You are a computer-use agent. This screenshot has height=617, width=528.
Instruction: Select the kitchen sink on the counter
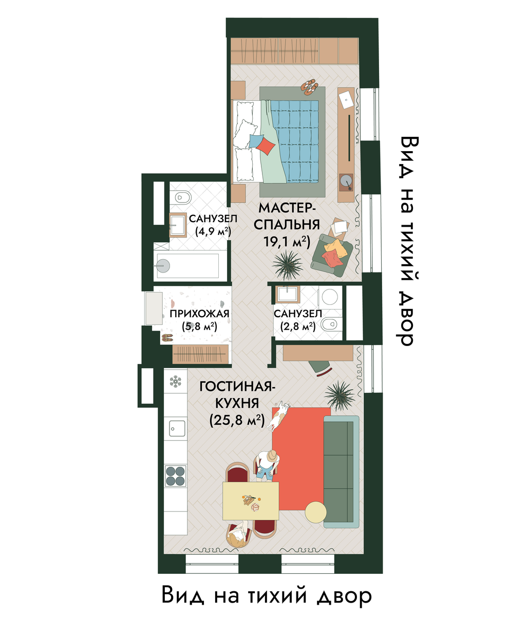(x=177, y=428)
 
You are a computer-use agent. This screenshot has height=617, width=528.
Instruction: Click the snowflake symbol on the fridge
(x=175, y=381)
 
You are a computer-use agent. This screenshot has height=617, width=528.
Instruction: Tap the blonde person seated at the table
(x=237, y=536)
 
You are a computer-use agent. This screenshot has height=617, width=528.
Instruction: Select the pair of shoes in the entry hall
(x=167, y=338)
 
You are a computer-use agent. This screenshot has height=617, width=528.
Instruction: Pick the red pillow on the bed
(x=266, y=146)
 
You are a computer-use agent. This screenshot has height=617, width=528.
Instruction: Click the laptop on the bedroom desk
(x=346, y=99)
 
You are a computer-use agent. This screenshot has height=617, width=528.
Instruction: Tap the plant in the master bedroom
(x=288, y=264)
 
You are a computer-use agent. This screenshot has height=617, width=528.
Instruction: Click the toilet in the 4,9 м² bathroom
(x=179, y=197)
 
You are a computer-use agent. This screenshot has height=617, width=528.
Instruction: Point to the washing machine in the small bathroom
(x=329, y=297)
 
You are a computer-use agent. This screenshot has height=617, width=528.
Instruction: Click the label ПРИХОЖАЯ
(x=199, y=314)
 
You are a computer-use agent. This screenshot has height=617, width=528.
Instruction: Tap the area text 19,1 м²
(x=287, y=242)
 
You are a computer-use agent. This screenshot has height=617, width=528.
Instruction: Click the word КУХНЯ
(x=237, y=404)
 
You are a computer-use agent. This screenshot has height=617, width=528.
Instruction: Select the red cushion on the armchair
(x=332, y=258)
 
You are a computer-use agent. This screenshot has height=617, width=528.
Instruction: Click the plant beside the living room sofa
(x=340, y=396)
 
